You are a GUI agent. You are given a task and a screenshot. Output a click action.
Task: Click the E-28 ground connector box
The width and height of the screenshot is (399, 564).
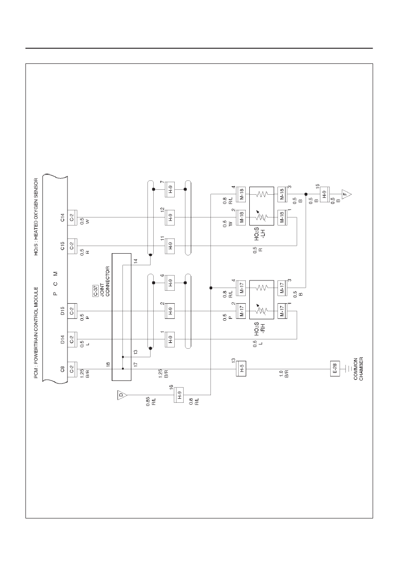pos(335,369)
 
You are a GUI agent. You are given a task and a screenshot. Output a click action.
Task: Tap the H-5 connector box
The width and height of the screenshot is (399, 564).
pos(241,369)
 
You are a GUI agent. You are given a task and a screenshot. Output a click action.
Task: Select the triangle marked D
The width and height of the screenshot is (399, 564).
pos(122,395)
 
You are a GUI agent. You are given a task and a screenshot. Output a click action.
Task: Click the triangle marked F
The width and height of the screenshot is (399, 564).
pos(346,194)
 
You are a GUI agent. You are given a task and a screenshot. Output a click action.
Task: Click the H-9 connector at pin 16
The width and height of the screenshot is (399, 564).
pos(179,395)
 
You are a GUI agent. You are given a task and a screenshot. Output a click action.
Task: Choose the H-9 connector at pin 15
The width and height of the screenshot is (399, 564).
pos(325,194)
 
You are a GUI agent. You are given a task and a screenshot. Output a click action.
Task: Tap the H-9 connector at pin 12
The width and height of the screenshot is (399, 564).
pos(170,217)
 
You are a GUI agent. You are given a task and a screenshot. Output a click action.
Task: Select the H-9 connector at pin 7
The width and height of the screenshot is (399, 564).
pos(170,189)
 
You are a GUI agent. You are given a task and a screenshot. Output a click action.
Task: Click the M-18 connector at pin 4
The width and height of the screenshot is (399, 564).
pos(241,194)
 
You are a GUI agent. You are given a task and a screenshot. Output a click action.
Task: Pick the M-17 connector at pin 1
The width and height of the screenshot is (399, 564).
pos(282,311)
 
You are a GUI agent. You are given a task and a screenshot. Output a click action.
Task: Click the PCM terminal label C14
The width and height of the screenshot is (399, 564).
pos(63,217)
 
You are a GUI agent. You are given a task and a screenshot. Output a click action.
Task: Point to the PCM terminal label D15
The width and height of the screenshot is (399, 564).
pos(63,311)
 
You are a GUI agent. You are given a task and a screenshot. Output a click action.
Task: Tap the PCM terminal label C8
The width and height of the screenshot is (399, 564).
pos(63,369)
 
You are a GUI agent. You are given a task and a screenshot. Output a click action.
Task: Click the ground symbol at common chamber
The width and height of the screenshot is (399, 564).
pos(349,369)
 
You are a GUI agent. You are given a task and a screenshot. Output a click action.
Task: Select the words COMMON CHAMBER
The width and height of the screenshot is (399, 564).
pos(358,369)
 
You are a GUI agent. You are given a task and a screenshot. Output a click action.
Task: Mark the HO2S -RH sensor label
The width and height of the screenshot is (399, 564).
pos(259,328)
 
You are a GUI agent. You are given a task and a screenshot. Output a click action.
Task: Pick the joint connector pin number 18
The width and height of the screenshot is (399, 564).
pos(108,364)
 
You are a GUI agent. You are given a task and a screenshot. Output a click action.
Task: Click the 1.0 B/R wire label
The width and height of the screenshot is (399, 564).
pos(284,374)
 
